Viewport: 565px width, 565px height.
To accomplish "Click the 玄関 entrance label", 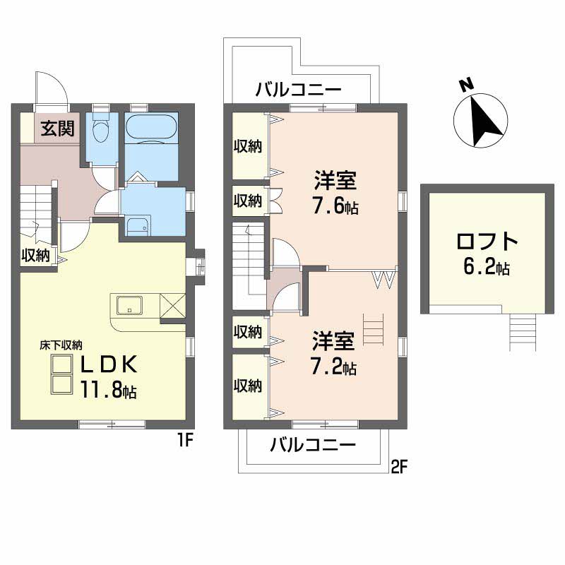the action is click(58, 129).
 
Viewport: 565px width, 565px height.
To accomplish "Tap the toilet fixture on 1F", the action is click(100, 128).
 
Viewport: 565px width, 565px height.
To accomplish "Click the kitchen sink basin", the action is click(129, 305).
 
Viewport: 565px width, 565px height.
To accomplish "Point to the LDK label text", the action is click(109, 364).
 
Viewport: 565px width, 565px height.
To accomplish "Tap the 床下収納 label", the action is click(61, 345).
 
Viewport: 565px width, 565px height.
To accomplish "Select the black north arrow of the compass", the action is click(485, 121).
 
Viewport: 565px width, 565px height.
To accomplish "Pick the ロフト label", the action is click(487, 242).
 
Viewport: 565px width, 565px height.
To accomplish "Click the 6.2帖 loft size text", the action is click(487, 267).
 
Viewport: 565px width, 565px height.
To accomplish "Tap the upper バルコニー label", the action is click(298, 90).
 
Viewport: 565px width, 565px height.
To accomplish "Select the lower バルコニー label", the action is click(313, 445).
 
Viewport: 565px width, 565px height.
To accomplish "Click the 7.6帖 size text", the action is click(335, 207).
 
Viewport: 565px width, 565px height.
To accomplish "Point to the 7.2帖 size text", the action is click(333, 367).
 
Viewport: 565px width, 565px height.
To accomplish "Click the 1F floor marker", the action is click(186, 440).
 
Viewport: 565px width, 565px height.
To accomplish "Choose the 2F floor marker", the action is click(399, 468).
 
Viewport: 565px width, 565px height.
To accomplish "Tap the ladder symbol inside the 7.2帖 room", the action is click(373, 330).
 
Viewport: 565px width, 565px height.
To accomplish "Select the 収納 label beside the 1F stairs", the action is click(35, 256).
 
